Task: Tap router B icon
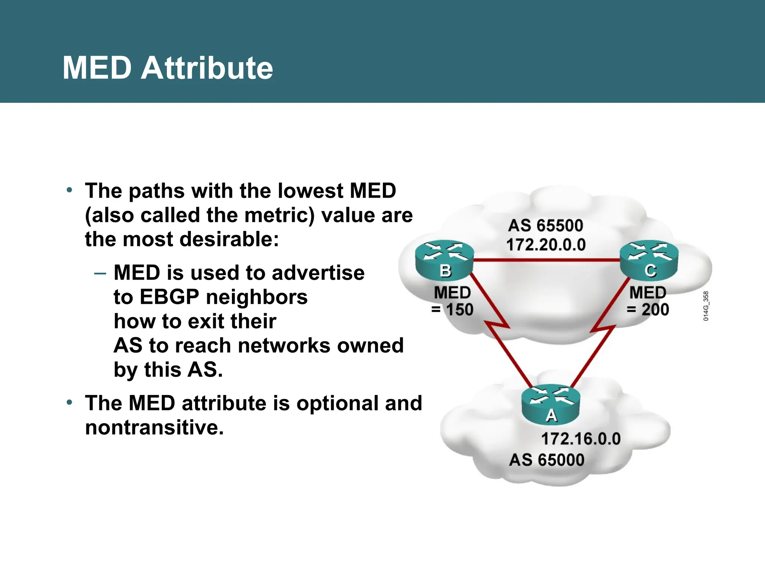coord(445,260)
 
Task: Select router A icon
coord(551,405)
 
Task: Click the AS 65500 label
coord(545,226)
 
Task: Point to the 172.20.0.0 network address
coord(546,245)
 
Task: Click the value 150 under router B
coord(459,310)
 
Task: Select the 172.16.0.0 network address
coord(580,439)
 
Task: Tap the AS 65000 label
coord(546,460)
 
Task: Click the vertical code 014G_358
coord(706,306)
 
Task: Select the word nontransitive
coord(154,427)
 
